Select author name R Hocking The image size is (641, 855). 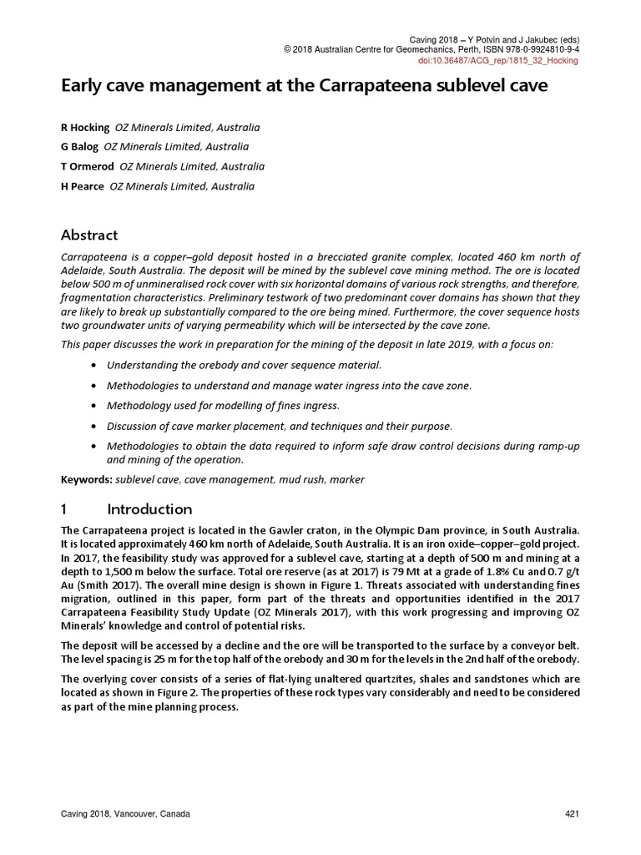85,128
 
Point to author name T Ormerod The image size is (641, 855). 88,167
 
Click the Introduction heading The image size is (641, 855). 150,509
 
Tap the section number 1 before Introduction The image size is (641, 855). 65,509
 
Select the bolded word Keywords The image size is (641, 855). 87,480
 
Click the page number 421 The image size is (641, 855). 573,814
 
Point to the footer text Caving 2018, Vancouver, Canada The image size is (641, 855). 125,814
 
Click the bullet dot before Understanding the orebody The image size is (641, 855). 92,366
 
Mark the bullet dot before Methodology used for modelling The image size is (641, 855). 92,406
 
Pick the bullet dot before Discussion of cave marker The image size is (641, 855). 92,427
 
